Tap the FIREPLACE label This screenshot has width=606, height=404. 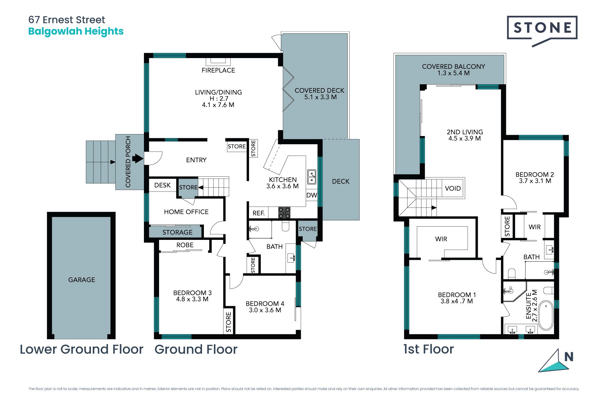[218, 70]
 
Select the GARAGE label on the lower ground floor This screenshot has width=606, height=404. [81, 280]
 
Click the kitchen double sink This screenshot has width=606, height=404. [312, 177]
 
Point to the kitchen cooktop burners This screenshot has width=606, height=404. [284, 212]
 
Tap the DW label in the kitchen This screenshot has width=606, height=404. [312, 195]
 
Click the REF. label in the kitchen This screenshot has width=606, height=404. [258, 213]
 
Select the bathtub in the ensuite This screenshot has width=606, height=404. [546, 316]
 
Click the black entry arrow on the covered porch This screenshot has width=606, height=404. [138, 158]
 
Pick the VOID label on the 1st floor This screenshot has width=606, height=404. [453, 188]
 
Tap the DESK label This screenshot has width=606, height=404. [162, 185]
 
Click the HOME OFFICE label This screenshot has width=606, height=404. [186, 212]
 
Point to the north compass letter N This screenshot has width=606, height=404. [569, 357]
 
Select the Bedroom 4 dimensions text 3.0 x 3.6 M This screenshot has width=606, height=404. [265, 310]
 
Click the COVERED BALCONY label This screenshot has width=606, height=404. [453, 67]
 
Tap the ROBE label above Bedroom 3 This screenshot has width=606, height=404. [185, 245]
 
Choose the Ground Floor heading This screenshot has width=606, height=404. [196, 349]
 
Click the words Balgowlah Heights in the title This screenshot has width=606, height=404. [76, 32]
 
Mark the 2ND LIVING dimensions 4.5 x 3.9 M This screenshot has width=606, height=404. [465, 139]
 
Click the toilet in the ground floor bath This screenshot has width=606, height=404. [285, 226]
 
